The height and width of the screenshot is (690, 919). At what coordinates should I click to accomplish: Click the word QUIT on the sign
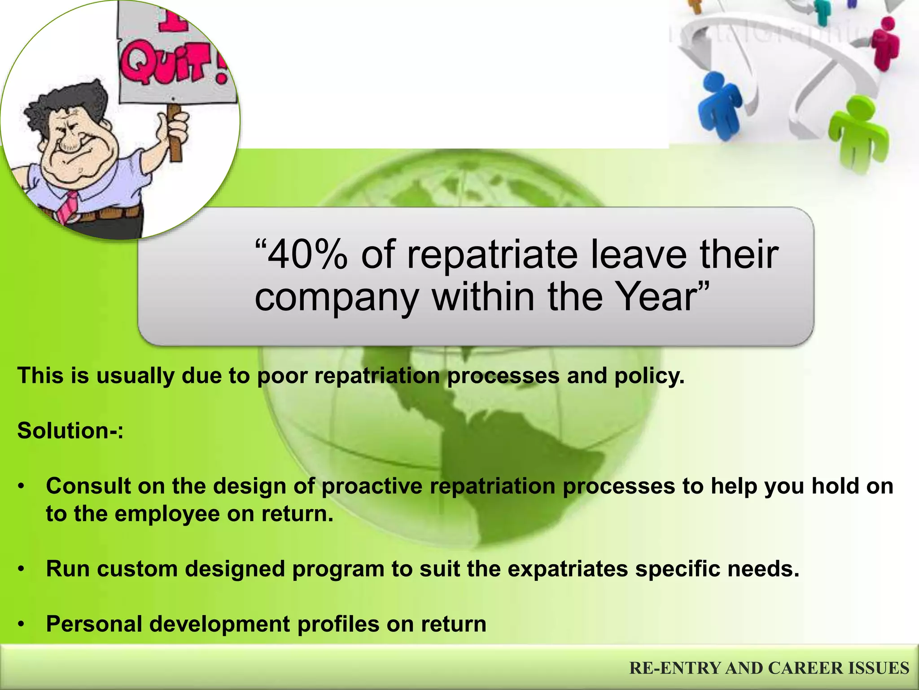[173, 67]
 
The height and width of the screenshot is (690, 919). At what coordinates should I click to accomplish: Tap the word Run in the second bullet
[68, 569]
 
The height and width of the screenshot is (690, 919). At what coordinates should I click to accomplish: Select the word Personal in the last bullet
[94, 624]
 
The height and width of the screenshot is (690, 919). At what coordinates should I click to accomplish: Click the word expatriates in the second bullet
[568, 569]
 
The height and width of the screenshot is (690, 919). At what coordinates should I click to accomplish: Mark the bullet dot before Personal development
[21, 625]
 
